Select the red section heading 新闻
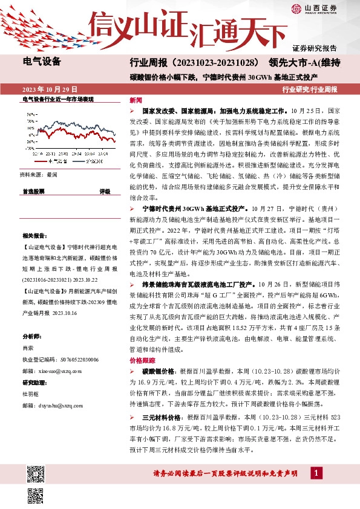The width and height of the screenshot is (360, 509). pyautogui.click(x=136, y=100)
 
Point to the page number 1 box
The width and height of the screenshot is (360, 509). pyautogui.click(x=316, y=473)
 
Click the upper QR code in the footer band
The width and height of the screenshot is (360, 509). pyautogui.click(x=36, y=471)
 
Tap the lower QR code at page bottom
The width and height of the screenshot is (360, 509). pyautogui.click(x=36, y=494)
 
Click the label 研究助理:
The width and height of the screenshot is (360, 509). pyautogui.click(x=34, y=383)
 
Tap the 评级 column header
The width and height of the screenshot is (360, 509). pyautogui.click(x=105, y=191)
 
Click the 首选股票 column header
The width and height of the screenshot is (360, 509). pyautogui.click(x=33, y=191)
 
